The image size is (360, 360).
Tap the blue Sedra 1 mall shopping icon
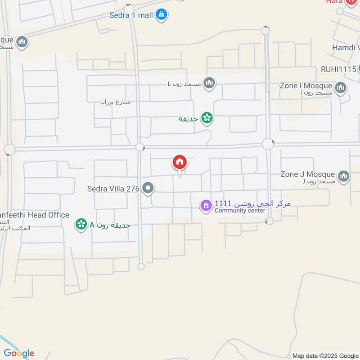[x=162, y=15]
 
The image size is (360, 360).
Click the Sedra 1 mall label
[x=131, y=15]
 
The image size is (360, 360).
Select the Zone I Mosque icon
[x=341, y=87]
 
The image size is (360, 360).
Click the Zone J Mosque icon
[x=344, y=176]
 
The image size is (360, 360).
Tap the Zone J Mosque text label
[x=307, y=174]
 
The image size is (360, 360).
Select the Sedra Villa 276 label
[x=113, y=189]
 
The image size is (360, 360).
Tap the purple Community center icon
[x=206, y=206]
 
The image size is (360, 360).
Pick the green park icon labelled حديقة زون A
[x=81, y=224]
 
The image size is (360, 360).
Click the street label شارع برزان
[x=115, y=102]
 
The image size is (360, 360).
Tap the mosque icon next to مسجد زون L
[x=209, y=83]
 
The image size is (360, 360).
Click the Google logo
[x=18, y=353]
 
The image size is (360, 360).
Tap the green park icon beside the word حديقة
[x=207, y=118]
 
